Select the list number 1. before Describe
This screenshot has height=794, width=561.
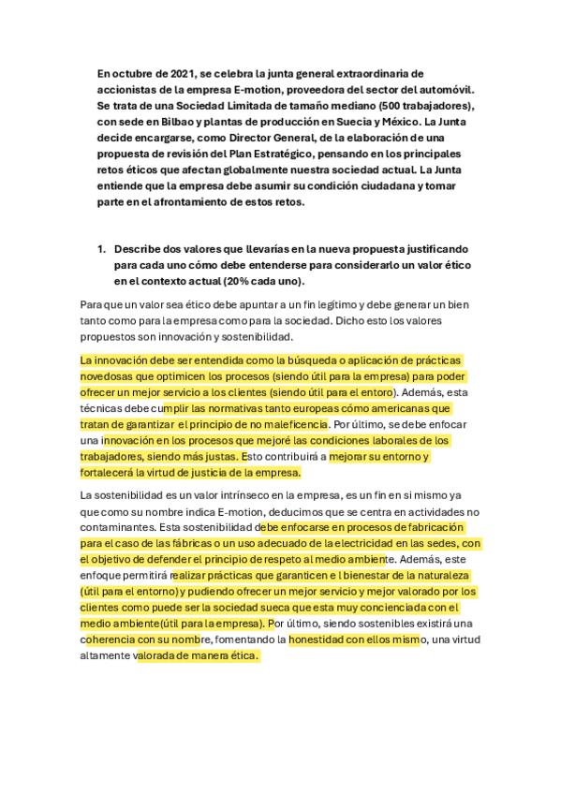click(102, 250)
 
